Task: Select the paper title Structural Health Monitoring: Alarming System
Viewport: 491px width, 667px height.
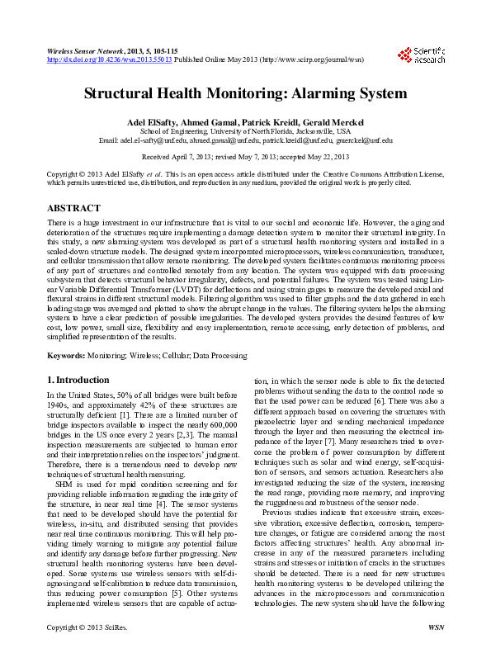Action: [x=245, y=94]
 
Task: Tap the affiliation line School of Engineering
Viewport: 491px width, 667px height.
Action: [x=245, y=130]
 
